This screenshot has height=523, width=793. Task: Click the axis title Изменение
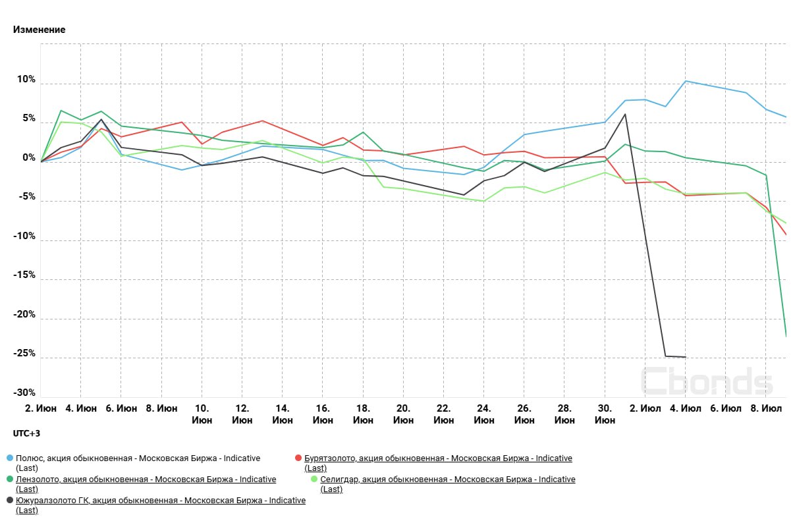40,30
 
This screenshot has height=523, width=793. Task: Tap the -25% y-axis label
24,354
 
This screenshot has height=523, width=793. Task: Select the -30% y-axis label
24,393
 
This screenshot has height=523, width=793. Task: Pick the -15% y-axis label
24,275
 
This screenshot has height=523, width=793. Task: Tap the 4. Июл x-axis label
685,408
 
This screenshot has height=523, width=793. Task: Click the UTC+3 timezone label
26,433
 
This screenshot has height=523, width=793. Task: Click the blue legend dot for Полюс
9,458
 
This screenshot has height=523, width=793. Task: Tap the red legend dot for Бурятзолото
298,458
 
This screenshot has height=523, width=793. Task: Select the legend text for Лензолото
146,480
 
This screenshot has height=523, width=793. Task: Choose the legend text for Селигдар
448,480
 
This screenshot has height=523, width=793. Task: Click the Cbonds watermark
706,381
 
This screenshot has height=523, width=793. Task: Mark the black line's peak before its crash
624,114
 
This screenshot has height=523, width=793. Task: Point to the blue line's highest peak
686,81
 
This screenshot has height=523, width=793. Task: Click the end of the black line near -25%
685,357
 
